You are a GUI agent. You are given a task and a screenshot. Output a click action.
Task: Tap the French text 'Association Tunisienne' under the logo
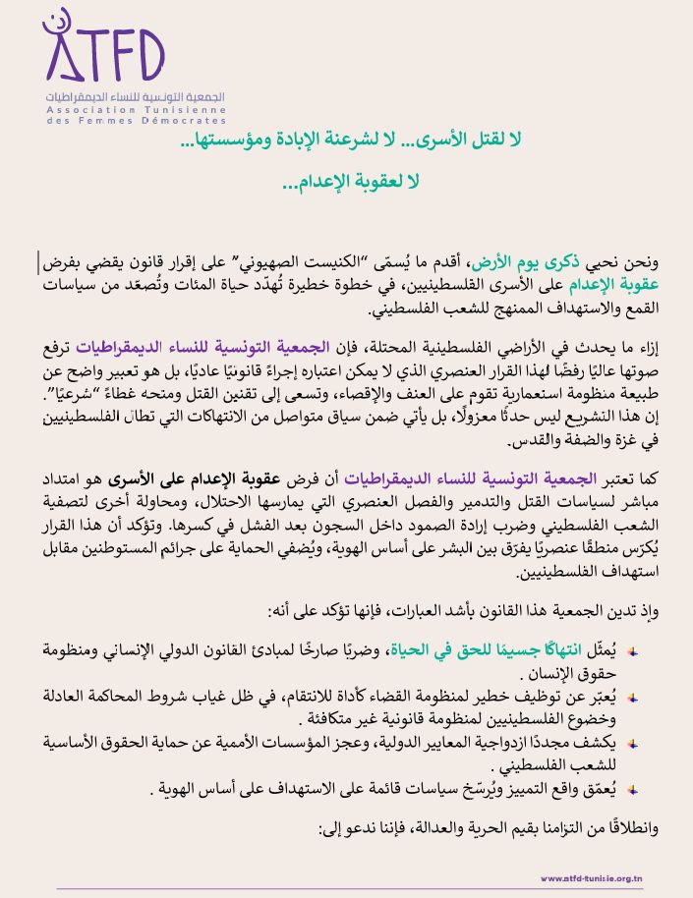pyautogui.click(x=136, y=110)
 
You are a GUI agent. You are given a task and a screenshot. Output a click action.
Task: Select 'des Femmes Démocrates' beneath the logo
pyautogui.click(x=136, y=121)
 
